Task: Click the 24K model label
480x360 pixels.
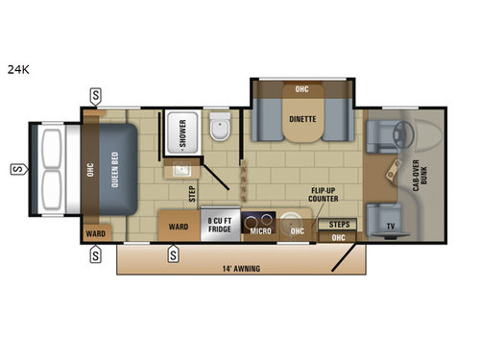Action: (18, 69)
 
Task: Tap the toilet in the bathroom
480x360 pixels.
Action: (220, 127)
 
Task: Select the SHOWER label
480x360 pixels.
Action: (182, 133)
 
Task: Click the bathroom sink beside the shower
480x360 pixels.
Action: (181, 169)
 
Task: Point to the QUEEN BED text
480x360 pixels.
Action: (114, 170)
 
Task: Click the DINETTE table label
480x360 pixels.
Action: (302, 119)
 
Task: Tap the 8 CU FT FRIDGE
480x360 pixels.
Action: (220, 225)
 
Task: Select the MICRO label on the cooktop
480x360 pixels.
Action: (260, 231)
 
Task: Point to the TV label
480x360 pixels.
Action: (391, 227)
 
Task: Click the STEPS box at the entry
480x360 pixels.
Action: (337, 225)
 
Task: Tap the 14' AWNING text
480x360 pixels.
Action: (241, 269)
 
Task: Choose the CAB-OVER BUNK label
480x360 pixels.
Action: (420, 176)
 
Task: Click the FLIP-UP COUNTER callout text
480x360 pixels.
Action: (324, 195)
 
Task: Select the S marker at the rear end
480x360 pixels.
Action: (19, 169)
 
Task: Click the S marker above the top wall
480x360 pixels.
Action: (96, 96)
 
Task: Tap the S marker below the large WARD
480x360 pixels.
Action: (173, 254)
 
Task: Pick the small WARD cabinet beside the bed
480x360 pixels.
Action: (96, 233)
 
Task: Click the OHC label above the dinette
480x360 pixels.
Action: (301, 89)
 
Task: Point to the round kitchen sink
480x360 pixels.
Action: (292, 220)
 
